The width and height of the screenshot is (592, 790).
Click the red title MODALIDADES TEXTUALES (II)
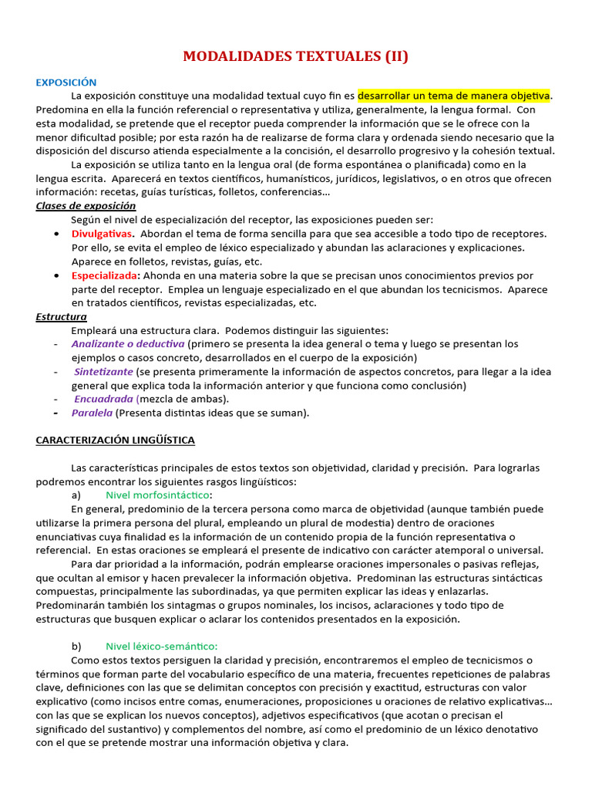[296, 56]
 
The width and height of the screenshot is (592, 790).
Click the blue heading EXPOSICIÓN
[66, 82]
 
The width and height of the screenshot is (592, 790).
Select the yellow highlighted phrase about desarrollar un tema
[455, 96]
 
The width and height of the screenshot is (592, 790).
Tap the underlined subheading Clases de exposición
[86, 206]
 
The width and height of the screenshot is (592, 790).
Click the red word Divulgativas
[101, 234]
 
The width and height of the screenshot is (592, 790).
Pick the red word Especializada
[104, 275]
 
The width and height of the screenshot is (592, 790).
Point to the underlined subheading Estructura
[61, 317]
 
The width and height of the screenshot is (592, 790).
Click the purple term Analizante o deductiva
[128, 344]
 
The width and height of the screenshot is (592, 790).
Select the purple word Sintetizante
[105, 372]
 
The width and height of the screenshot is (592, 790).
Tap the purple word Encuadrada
[104, 399]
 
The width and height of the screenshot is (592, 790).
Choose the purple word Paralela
[92, 413]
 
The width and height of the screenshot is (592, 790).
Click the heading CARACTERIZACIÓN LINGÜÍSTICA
[116, 441]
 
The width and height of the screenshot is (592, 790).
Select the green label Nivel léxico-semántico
[162, 647]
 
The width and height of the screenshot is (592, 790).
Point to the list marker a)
[76, 495]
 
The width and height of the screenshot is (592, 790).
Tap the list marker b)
[76, 647]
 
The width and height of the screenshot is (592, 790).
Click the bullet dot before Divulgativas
[60, 234]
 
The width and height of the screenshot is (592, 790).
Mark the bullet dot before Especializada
[60, 275]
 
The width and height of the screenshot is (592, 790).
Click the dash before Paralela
[56, 413]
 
